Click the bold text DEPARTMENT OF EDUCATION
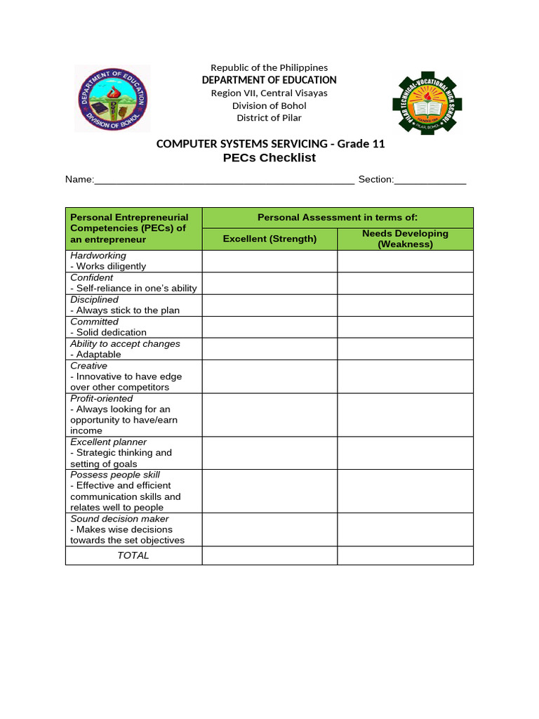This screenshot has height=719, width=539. [269, 80]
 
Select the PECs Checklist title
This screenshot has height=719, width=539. [269, 157]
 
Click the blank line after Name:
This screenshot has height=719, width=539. [224, 180]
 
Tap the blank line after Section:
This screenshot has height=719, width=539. [430, 180]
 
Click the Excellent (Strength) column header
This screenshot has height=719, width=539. [269, 239]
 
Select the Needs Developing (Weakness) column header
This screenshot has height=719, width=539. [405, 239]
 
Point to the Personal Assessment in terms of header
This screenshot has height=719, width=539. [338, 218]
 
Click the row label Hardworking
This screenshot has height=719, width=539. [98, 256]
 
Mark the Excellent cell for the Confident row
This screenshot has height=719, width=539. [269, 283]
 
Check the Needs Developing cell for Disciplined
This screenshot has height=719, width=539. [405, 305]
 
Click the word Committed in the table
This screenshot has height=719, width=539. [95, 322]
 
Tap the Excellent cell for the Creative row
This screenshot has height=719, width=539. [269, 376]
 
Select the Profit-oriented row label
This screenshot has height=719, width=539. [102, 398]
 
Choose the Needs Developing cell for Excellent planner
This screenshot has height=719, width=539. [405, 453]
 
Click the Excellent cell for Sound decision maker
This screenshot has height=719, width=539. [269, 529]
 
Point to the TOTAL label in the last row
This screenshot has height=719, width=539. [133, 555]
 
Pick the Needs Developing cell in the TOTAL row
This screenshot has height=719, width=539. [405, 555]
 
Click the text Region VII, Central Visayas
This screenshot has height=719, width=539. [269, 93]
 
